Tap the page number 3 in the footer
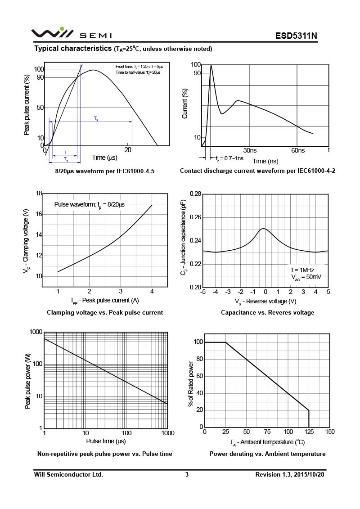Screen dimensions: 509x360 pyautogui.click(x=186, y=474)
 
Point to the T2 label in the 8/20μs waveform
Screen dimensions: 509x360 pyautogui.click(x=96, y=119)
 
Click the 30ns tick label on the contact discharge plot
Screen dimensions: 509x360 pyautogui.click(x=250, y=150)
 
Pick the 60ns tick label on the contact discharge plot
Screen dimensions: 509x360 pyautogui.click(x=297, y=150)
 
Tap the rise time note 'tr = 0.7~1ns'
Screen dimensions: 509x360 pyautogui.click(x=229, y=158)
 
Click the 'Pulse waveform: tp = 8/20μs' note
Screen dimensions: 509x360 pyautogui.click(x=89, y=204)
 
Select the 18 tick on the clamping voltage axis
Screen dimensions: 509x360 pyautogui.click(x=39, y=194)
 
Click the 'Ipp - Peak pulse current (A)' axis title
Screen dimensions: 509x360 pyautogui.click(x=105, y=300)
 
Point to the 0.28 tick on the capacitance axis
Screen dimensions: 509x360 pyautogui.click(x=195, y=194)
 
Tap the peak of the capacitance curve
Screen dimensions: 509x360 pyautogui.click(x=264, y=229)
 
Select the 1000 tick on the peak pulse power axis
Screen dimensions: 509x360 pyautogui.click(x=36, y=332)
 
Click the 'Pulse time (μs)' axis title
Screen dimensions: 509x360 pyautogui.click(x=106, y=441)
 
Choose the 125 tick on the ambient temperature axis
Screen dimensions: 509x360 pyautogui.click(x=309, y=432)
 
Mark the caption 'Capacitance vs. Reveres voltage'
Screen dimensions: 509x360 pyautogui.click(x=267, y=312)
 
